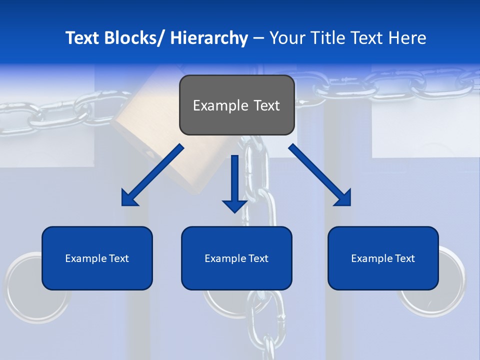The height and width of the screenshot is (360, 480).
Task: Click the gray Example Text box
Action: pos(236,105)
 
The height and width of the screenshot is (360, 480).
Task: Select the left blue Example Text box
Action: pos(97,258)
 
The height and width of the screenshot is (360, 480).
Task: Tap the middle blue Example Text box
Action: pos(236,258)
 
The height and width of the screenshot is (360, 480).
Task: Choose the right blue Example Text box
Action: pos(383,258)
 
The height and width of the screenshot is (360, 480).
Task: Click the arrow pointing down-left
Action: pos(152,175)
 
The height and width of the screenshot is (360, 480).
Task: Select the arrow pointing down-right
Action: pos(320,175)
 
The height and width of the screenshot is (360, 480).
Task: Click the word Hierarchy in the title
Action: pos(209,38)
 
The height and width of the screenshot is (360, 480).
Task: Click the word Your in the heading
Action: pos(287,38)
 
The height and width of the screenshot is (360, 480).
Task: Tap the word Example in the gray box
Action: pos(220,105)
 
